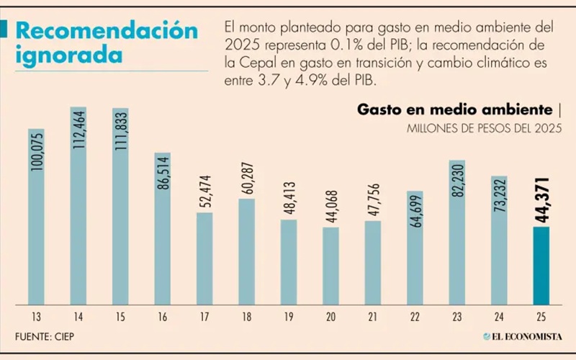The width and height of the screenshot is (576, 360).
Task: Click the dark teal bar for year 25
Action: [x=541, y=266]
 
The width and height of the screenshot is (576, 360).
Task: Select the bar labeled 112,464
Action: [x=78, y=209]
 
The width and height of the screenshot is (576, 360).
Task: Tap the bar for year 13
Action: [x=36, y=216]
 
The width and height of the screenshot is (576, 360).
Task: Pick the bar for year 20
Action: [x=330, y=266]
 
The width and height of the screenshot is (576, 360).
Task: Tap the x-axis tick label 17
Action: [x=204, y=316]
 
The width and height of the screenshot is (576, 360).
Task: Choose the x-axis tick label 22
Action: [x=415, y=316]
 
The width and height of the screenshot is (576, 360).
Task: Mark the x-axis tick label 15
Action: [x=120, y=316]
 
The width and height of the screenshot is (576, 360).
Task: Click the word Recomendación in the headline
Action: [x=107, y=31]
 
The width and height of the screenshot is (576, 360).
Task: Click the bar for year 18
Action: [x=246, y=251]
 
